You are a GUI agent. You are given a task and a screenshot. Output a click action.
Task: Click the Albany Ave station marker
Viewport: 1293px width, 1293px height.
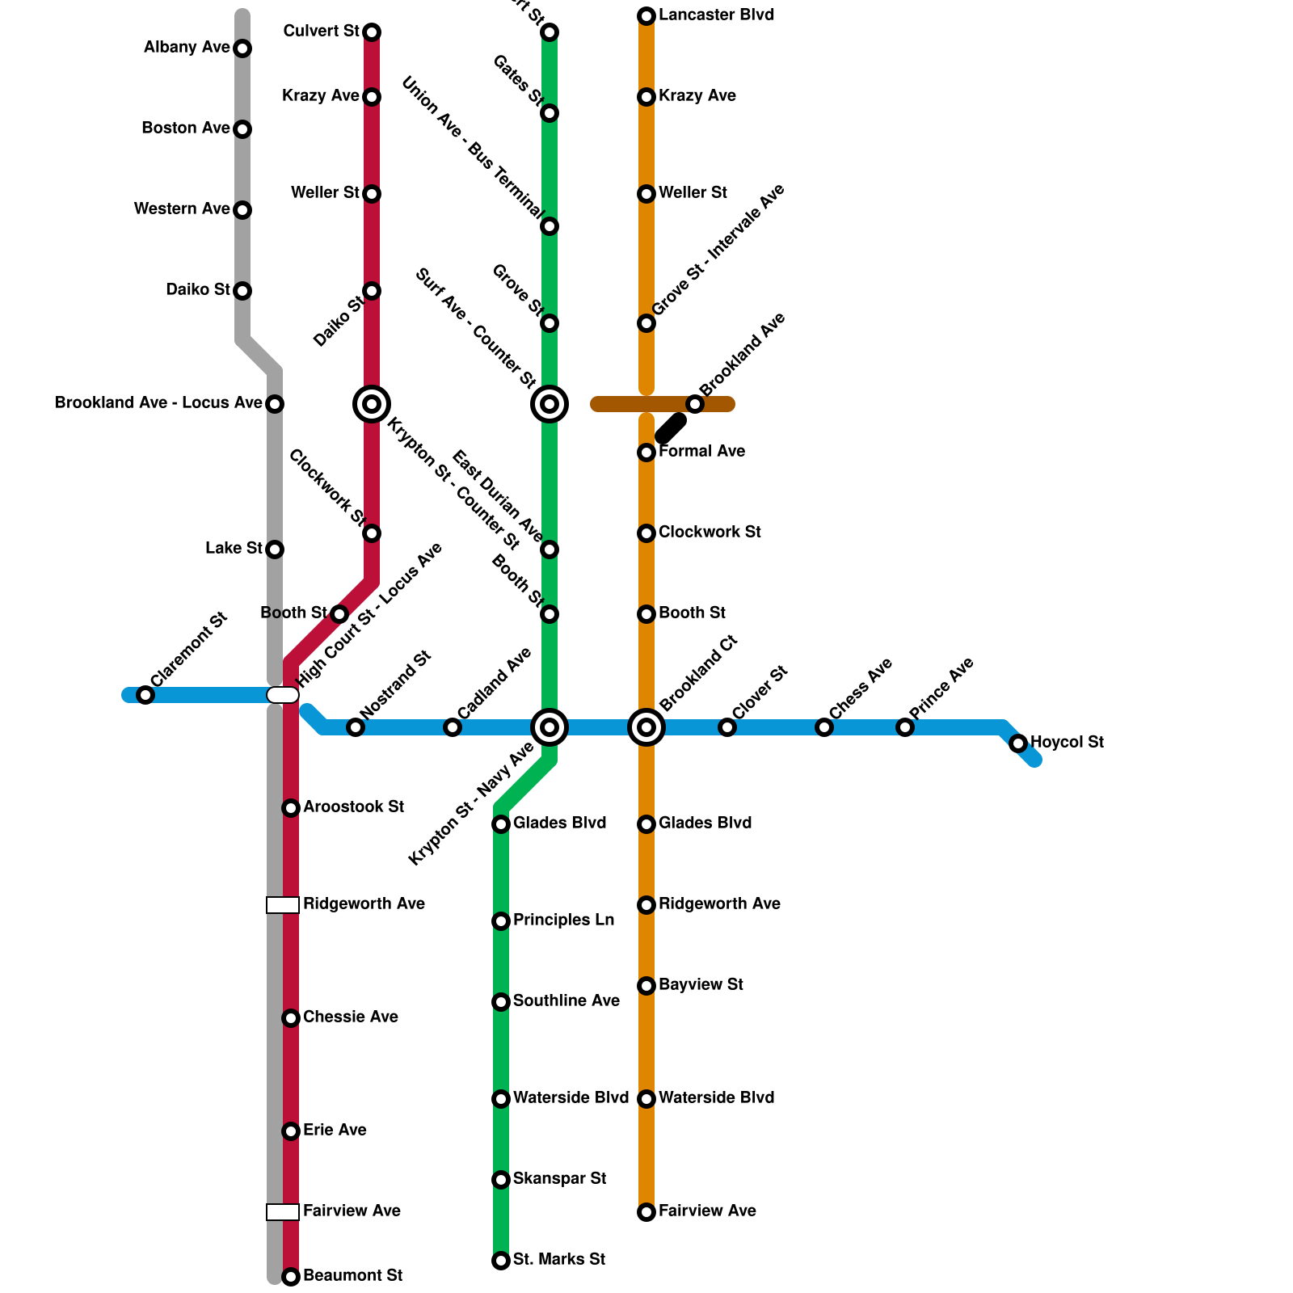[x=242, y=48]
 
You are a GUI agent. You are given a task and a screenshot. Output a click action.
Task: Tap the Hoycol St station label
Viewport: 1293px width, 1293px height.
[x=1067, y=742]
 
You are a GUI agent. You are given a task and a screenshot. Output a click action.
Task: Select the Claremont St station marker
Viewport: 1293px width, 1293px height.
[x=145, y=695]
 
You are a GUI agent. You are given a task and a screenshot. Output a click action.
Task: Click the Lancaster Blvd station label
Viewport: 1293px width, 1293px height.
[x=716, y=15]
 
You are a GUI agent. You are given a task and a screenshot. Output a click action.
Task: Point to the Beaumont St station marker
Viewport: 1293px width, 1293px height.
[x=291, y=1277]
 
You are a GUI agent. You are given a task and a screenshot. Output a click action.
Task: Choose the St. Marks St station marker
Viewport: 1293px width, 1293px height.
[x=501, y=1261]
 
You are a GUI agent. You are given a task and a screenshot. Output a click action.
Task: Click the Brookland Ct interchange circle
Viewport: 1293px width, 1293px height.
[x=646, y=727]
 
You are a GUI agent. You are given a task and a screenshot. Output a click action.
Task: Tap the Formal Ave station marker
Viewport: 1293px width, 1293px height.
[x=646, y=453]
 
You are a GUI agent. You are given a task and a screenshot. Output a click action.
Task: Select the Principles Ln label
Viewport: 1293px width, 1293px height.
[x=563, y=920]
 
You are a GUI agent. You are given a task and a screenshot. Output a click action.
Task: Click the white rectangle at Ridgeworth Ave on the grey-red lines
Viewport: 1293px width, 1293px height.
[x=283, y=905]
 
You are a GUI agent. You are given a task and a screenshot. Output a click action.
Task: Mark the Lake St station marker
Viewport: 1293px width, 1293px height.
[x=275, y=550]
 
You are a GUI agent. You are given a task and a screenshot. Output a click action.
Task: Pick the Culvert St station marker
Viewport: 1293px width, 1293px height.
[x=372, y=32]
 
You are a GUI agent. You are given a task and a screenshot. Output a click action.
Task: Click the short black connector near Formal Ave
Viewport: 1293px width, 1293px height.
[x=671, y=428]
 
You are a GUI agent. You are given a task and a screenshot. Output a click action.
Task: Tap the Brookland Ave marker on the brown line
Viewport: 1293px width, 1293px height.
[x=695, y=404]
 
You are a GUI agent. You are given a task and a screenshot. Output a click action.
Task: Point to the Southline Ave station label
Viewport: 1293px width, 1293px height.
[x=566, y=1001]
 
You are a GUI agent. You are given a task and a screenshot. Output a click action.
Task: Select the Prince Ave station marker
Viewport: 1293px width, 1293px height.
[x=905, y=727]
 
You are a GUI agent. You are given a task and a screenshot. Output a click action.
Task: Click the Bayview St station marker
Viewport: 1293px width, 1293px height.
[x=646, y=986]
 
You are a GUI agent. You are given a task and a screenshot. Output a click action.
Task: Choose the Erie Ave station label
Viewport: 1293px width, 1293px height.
[x=335, y=1131]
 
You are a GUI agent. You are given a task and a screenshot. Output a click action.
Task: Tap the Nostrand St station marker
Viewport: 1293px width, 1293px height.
[x=356, y=727]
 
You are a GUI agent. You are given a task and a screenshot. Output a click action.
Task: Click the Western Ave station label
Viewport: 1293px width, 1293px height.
[x=182, y=209]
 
